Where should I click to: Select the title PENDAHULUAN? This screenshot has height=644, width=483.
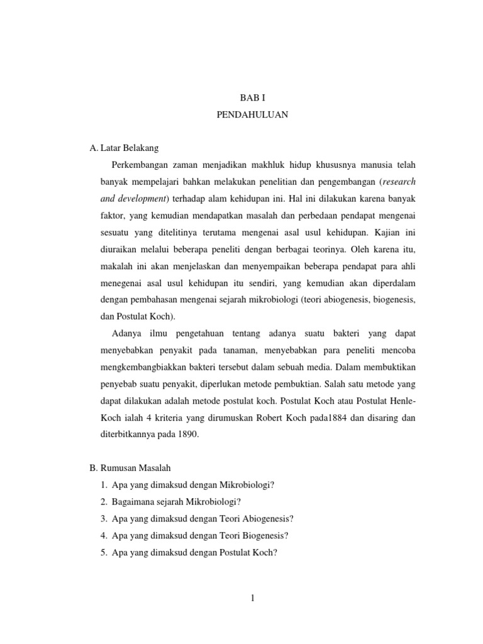[252, 116]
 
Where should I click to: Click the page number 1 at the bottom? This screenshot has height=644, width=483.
[252, 598]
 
